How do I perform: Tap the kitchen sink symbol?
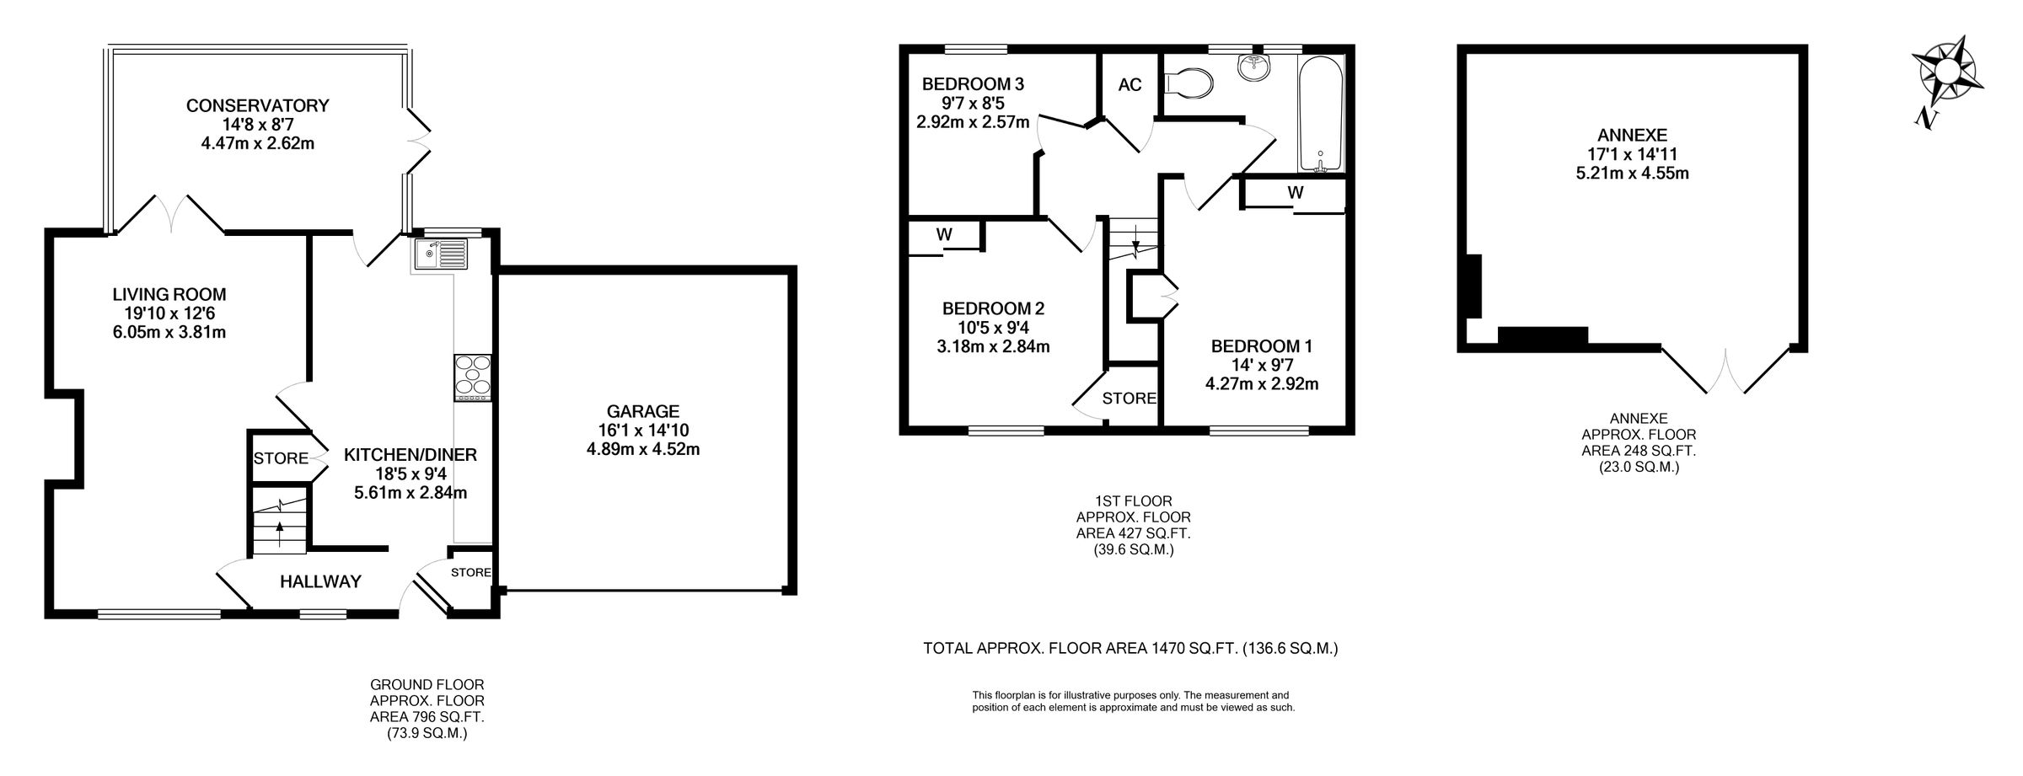[x=440, y=254]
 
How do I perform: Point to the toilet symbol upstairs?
[x=1189, y=83]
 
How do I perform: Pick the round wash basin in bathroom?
[x=1256, y=67]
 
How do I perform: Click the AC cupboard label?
[x=1130, y=85]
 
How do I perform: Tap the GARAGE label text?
[x=643, y=411]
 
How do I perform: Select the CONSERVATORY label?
[x=257, y=105]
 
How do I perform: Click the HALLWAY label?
[x=320, y=581]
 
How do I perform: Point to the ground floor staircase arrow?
[x=280, y=531]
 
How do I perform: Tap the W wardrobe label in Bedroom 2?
[x=944, y=236]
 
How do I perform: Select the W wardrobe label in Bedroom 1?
[x=1295, y=193]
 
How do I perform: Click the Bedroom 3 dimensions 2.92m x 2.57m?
[x=973, y=122]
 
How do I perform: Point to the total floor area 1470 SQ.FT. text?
[x=1130, y=649]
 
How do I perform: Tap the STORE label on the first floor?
[x=1129, y=398]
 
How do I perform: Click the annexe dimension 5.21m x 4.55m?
[x=1632, y=174]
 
